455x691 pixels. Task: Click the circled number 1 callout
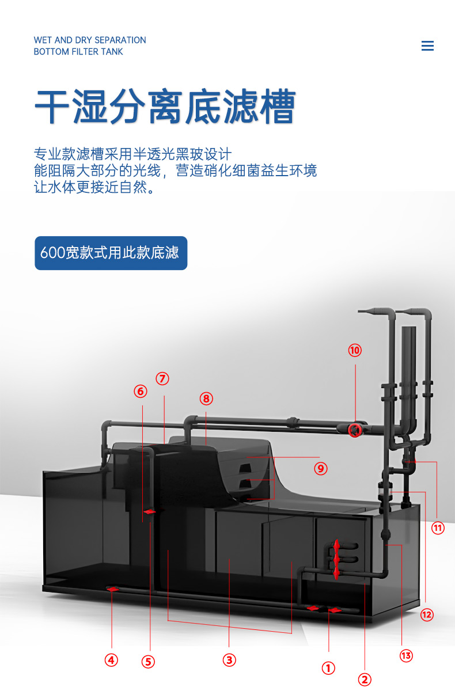tap(328, 668)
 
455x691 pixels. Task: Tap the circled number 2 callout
tap(365, 679)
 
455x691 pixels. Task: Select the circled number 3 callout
tap(229, 660)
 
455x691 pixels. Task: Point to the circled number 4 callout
tap(111, 660)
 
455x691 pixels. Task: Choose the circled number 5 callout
tap(149, 662)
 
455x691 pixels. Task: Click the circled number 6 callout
tap(141, 391)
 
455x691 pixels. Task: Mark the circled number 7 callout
tap(162, 378)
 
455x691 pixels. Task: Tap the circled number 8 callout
tap(206, 398)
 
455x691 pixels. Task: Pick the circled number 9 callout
tap(320, 469)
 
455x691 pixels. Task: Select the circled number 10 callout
tap(355, 350)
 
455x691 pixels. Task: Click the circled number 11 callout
tap(438, 527)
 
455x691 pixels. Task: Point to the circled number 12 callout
tap(426, 614)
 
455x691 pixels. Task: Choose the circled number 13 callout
tap(406, 655)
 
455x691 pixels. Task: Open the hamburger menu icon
tap(427, 46)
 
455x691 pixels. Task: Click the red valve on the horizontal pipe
tap(355, 430)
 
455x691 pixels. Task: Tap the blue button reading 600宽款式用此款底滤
tap(111, 253)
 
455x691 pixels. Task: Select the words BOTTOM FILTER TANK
tap(78, 52)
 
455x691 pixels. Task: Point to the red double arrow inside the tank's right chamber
tap(336, 559)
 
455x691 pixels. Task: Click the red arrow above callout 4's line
tap(112, 589)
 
